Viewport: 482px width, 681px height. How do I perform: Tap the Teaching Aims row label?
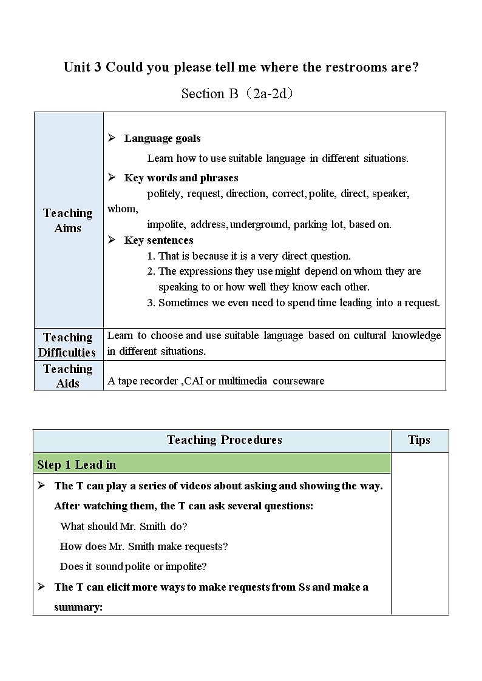click(68, 220)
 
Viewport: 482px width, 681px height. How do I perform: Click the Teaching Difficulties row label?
click(68, 344)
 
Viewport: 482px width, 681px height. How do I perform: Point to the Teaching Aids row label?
click(68, 376)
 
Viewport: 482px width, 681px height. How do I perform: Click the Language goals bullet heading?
click(162, 138)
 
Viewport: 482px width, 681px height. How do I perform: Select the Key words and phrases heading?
click(181, 178)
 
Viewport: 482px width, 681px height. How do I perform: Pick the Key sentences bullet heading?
click(158, 240)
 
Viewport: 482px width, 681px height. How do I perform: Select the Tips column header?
click(419, 440)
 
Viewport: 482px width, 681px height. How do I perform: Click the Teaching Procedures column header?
click(224, 440)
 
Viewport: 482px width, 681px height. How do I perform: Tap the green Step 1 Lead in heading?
click(76, 465)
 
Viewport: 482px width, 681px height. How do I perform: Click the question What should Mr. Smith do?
click(123, 526)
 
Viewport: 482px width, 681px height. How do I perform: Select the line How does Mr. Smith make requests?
click(144, 546)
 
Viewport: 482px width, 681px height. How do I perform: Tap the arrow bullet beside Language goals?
click(112, 138)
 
